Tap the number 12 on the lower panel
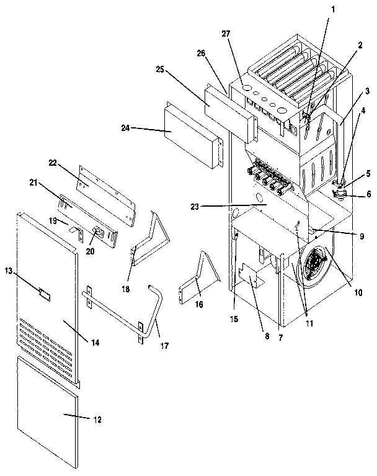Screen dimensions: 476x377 pyautogui.click(x=97, y=419)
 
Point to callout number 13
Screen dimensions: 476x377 pyautogui.click(x=8, y=271)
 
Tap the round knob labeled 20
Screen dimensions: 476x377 pyautogui.click(x=97, y=232)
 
